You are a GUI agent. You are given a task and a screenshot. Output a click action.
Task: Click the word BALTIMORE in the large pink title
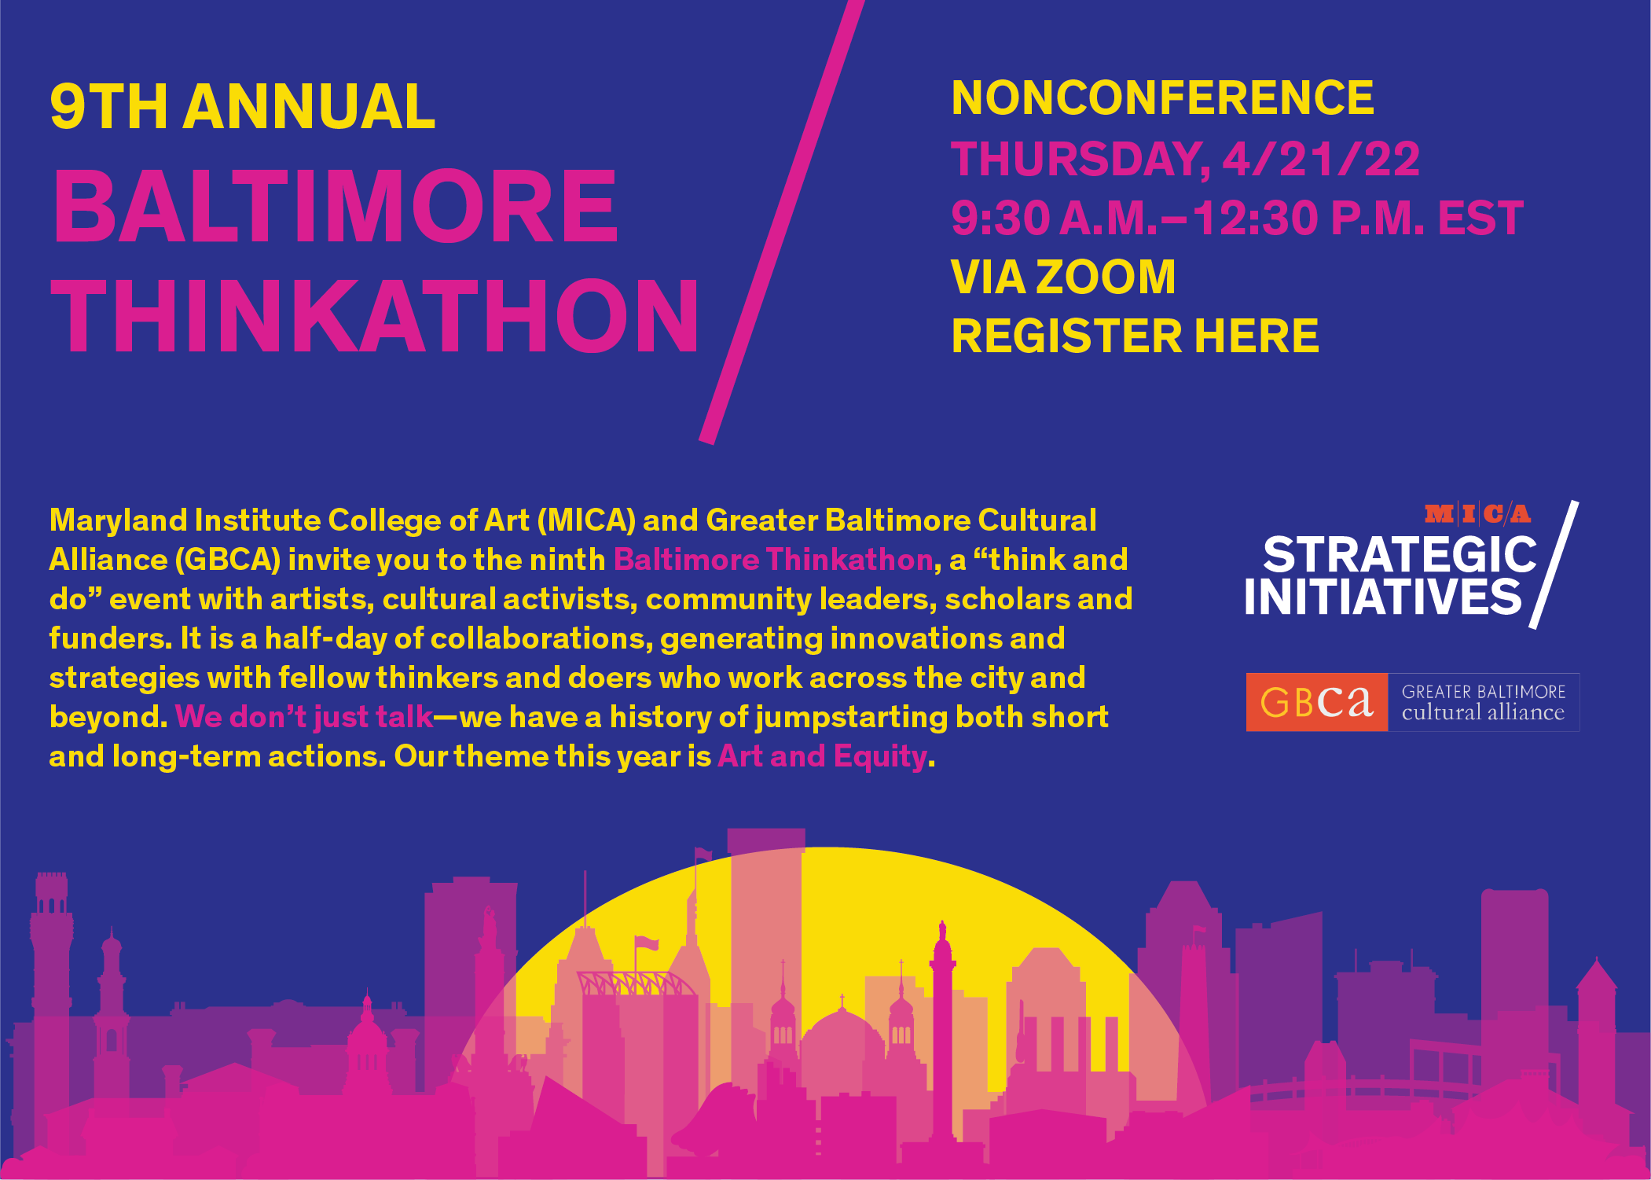coord(336,206)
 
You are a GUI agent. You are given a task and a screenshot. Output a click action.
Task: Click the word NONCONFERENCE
coord(1162,97)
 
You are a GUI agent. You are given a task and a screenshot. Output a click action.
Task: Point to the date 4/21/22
coord(1321,159)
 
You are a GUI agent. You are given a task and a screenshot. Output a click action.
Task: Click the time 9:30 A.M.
coord(1055,218)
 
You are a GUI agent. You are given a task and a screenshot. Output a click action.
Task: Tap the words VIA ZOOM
coord(1063,277)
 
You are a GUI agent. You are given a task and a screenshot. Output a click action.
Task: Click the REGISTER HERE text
coord(1135,336)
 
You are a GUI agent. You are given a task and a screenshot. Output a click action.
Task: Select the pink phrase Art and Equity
coord(822,756)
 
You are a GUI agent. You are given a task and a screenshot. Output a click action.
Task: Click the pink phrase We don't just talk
coord(304,717)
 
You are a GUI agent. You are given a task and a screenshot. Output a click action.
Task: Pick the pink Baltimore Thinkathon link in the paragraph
coord(773,560)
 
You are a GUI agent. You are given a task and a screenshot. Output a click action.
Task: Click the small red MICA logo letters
coord(1477,514)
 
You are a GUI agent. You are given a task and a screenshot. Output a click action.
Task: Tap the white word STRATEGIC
coord(1400,555)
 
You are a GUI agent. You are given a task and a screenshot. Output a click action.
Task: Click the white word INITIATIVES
coord(1383,597)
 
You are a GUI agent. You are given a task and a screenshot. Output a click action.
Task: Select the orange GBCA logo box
coord(1317,702)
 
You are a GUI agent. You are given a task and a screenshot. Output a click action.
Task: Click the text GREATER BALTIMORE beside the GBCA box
coord(1484,692)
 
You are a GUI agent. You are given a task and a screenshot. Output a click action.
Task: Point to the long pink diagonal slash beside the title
coord(782,222)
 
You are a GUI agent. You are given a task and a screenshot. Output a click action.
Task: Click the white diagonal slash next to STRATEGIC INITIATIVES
coord(1554,564)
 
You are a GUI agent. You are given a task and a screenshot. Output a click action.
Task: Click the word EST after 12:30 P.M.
coord(1480,218)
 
